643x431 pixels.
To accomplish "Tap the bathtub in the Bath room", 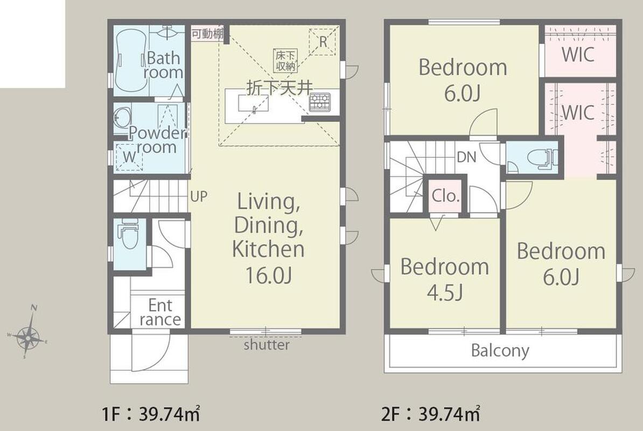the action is (131, 62).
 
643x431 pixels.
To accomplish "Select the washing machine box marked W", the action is (129, 157).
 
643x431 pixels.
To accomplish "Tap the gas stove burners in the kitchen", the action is (319, 101).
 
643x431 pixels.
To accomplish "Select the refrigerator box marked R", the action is (323, 41).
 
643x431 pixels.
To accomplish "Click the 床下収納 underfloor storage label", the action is (286, 61).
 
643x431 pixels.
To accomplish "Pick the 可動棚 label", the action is (207, 33).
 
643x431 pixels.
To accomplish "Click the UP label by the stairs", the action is (199, 197).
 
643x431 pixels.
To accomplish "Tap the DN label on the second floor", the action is (467, 156).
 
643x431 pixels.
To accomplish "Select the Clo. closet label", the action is (446, 196).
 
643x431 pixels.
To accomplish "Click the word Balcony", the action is (500, 351).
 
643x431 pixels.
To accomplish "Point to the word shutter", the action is (267, 344).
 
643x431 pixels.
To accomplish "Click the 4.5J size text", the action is (445, 293).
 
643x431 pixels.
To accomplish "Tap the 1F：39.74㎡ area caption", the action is (151, 415).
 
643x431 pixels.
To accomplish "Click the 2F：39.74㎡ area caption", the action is (431, 415).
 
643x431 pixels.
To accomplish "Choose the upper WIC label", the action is (578, 54).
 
